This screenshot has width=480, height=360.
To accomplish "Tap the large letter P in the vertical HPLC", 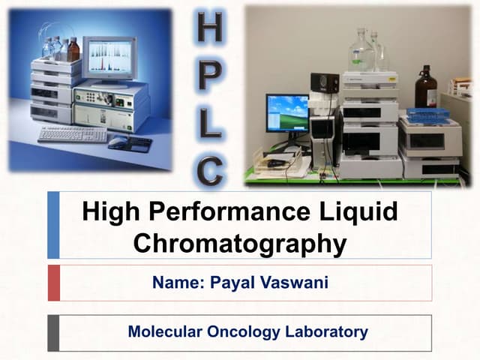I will click(210, 72).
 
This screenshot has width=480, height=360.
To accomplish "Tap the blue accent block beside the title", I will click(53, 225).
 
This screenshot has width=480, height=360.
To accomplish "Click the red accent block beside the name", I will click(53, 283).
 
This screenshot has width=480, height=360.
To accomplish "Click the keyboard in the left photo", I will click(72, 134).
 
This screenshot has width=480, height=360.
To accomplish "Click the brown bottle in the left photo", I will click(73, 51).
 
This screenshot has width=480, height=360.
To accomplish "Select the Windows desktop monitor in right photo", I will click(286, 112).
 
